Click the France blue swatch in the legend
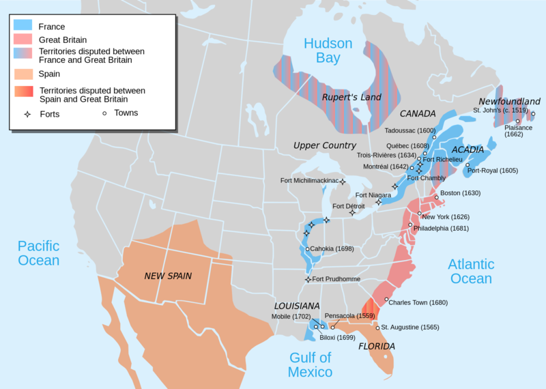22,25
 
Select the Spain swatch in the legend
22,74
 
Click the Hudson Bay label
328,51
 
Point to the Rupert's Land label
351,98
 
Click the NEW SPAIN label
168,276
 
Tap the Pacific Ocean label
39,253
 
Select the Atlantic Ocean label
471,271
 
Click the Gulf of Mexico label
310,364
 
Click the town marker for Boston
436,197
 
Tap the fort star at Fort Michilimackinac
343,182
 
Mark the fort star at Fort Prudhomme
308,279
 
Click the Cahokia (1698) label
332,248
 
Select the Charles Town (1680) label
418,302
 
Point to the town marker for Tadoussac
434,137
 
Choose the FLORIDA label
377,346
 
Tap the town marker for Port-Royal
468,165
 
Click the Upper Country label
325,145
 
